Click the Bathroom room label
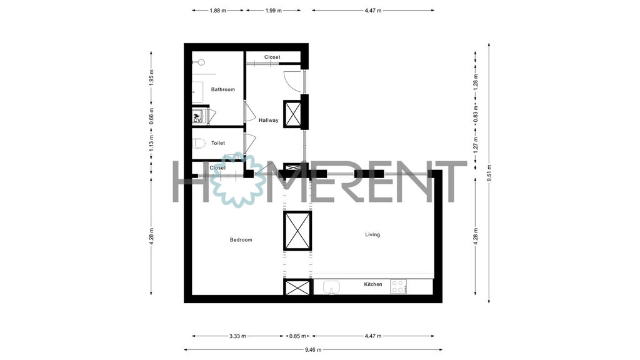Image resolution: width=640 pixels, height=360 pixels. [x=223, y=89]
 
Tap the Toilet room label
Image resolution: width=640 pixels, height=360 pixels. [x=218, y=143]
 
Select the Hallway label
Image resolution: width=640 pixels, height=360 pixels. [x=269, y=121]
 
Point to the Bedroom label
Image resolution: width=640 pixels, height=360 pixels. [x=241, y=240]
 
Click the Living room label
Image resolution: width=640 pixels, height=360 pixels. [x=372, y=235]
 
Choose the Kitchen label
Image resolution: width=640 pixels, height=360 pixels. [x=373, y=284]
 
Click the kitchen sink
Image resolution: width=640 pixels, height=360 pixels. [x=331, y=287]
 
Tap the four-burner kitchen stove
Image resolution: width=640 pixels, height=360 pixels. [x=398, y=286]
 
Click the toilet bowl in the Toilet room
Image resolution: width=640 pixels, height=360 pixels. [x=199, y=143]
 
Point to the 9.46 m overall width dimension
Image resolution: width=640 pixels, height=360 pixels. [x=313, y=350]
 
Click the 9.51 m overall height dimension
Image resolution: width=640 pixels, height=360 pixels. [x=489, y=173]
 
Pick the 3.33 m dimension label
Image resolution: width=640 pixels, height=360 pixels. [x=237, y=336]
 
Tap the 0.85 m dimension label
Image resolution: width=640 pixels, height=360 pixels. [x=297, y=336]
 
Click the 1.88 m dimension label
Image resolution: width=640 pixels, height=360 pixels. [x=218, y=11]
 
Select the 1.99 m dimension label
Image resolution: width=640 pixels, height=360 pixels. [x=274, y=11]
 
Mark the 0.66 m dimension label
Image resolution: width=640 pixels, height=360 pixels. [x=151, y=116]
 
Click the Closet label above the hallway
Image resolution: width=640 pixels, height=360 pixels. [x=272, y=57]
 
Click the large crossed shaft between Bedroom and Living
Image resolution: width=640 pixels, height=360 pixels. [x=297, y=231]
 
